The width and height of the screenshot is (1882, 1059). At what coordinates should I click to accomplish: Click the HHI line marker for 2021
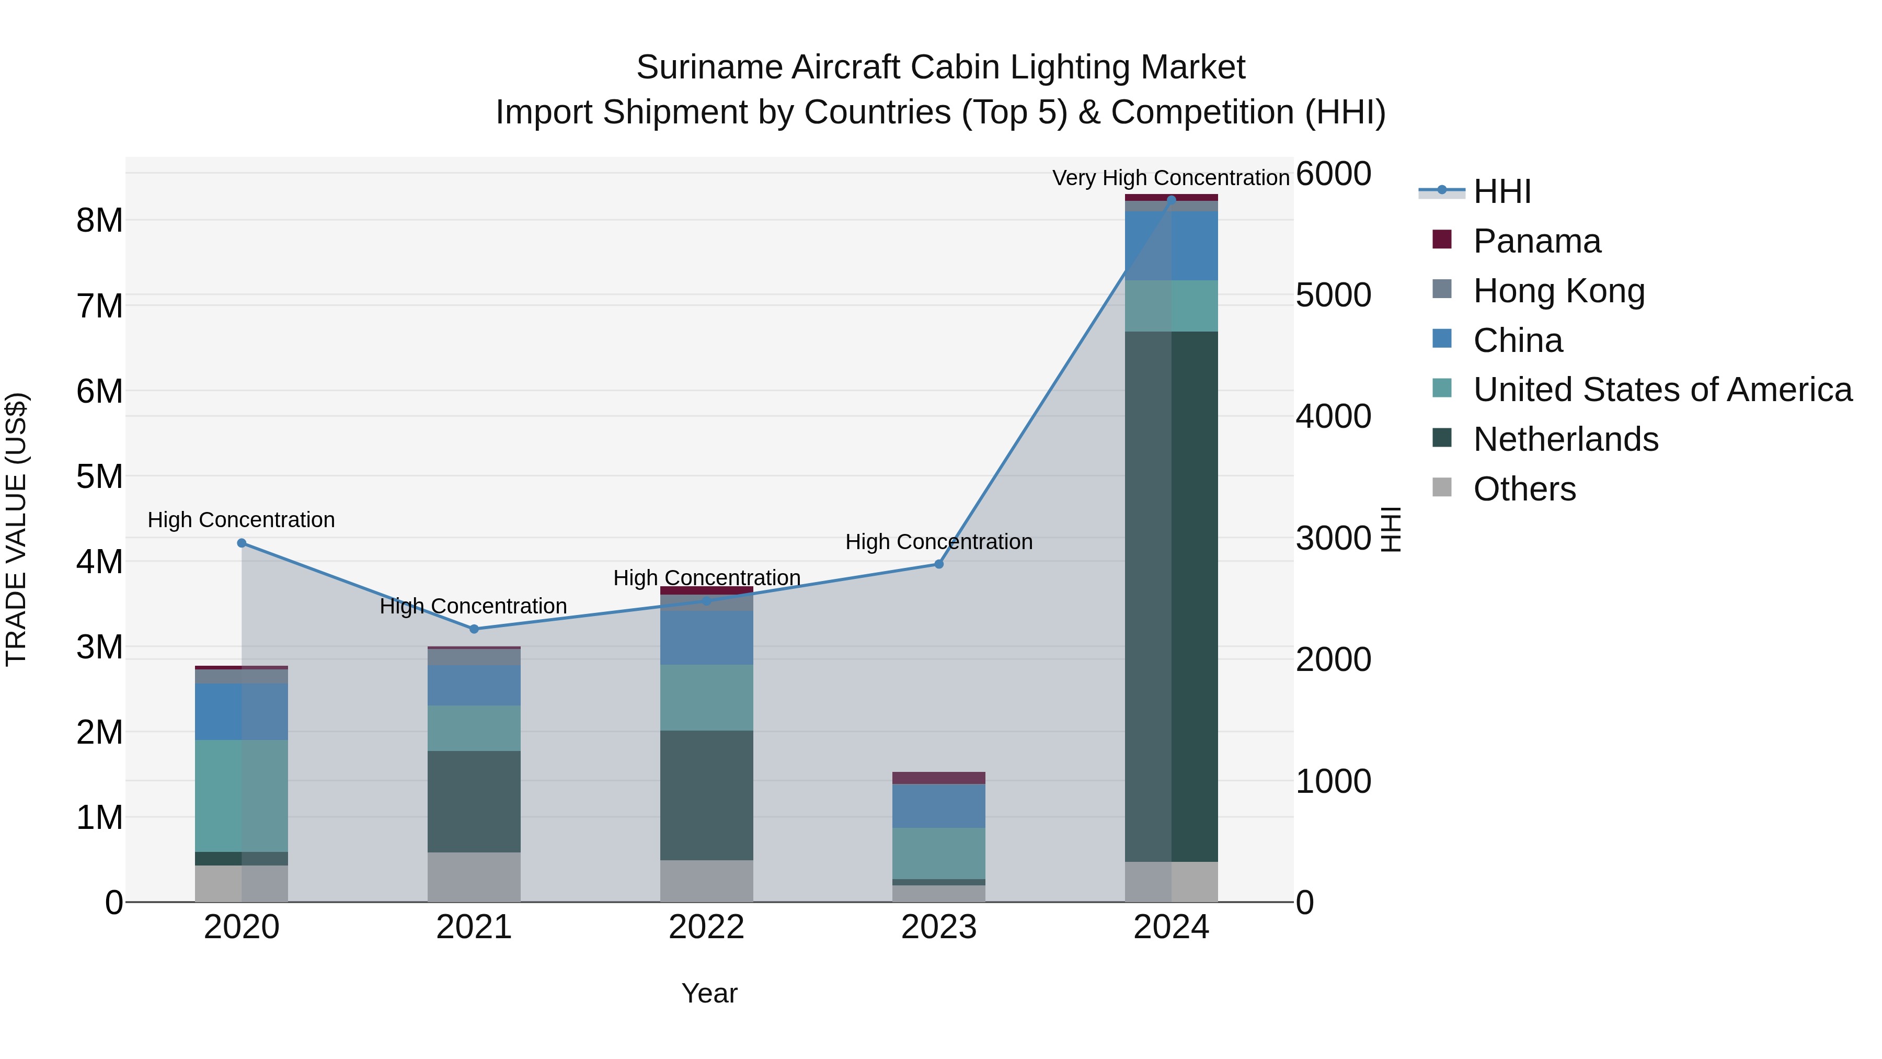click(474, 629)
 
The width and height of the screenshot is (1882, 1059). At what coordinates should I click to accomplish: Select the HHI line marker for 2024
click(1171, 200)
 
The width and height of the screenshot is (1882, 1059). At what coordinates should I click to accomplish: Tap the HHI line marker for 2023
click(939, 563)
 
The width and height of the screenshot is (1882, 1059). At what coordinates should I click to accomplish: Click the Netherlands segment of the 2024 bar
click(1171, 596)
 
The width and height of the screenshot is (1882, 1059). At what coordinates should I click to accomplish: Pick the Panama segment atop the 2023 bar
click(939, 778)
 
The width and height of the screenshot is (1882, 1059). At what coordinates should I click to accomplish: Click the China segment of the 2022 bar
click(706, 637)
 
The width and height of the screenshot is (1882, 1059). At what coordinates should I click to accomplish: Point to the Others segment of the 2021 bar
click(474, 876)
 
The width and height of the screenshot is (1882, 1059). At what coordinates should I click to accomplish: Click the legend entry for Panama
click(1536, 241)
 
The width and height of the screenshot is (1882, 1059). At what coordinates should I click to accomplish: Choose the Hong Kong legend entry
click(1558, 291)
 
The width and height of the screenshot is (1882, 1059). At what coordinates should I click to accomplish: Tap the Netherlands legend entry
click(1565, 439)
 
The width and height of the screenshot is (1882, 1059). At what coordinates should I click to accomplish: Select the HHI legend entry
click(1501, 191)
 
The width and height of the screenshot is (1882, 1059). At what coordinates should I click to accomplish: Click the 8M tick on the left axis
click(99, 220)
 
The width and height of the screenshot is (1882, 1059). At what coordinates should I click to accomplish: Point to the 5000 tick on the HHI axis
click(1333, 295)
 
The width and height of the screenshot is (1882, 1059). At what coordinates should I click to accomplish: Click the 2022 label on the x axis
click(706, 927)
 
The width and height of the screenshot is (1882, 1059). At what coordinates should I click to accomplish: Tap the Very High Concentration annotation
click(1170, 178)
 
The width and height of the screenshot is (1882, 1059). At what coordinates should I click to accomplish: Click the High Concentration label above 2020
click(241, 520)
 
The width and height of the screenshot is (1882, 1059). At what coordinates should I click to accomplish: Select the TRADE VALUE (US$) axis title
click(16, 529)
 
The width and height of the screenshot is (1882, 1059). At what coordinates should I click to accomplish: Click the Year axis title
click(709, 993)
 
